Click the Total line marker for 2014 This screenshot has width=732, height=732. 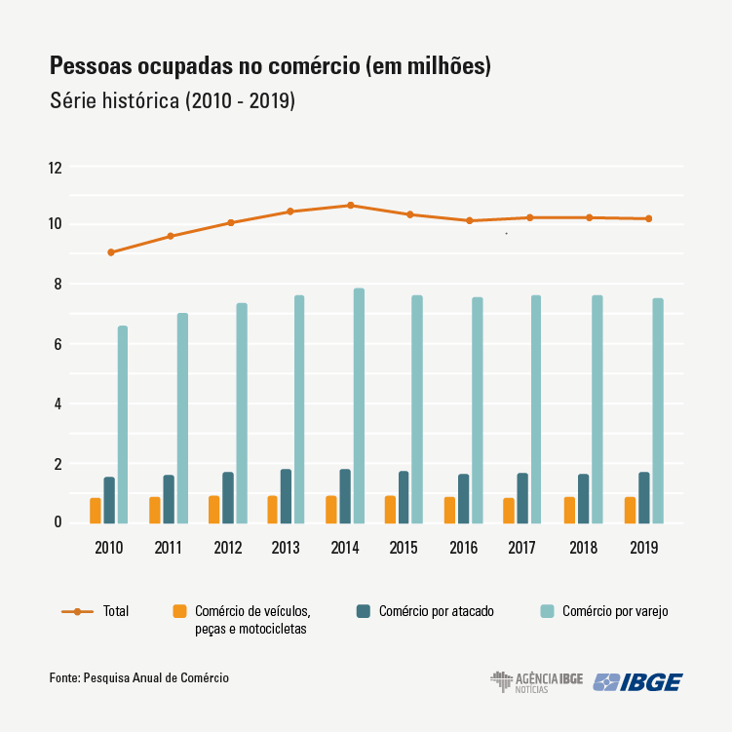pos(350,206)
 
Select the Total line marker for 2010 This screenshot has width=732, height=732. pos(111,252)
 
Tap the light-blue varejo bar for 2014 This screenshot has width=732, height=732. pos(359,405)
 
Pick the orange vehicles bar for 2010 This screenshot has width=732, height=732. pos(96,511)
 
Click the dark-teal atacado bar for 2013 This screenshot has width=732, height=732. pos(286,496)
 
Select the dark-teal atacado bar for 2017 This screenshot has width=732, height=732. pos(522,498)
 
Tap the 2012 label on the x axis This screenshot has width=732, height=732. pos(227,548)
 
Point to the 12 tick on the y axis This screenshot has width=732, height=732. pos(55,168)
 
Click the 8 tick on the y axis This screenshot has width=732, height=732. pos(58,285)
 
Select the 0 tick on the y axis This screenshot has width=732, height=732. pos(58,523)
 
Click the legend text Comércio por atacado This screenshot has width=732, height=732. pos(436,612)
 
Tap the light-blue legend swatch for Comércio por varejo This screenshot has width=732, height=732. pos(547,611)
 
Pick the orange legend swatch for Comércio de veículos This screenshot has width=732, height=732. pos(179,611)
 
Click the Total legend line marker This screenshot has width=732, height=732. pos(76,611)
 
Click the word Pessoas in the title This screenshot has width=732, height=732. pos(93,67)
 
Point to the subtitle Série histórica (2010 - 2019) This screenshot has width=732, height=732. pos(172,100)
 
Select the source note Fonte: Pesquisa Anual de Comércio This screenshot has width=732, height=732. pos(139,676)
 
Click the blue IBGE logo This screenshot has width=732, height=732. pos(637,682)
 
